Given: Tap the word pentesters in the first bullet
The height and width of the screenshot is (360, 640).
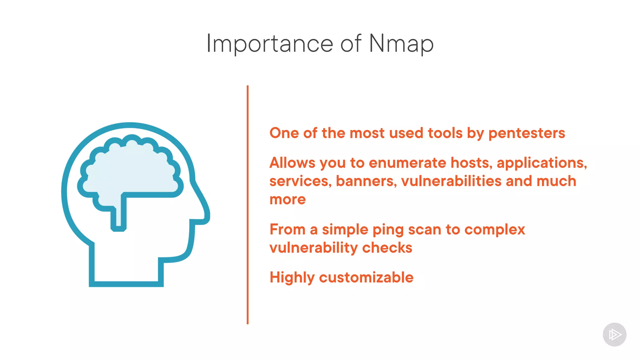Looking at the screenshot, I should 527,133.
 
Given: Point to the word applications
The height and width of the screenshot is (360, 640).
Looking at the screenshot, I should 541,163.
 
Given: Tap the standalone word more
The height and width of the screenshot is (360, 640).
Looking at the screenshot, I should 287,199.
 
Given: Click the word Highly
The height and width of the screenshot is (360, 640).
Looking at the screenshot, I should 292,278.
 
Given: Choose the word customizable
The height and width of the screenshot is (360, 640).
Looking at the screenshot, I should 366,277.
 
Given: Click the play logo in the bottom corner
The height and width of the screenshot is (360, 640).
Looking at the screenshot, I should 614,335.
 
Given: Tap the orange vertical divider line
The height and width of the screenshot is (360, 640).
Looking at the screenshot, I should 247,205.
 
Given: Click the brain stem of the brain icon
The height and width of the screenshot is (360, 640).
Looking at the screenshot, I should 119,216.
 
